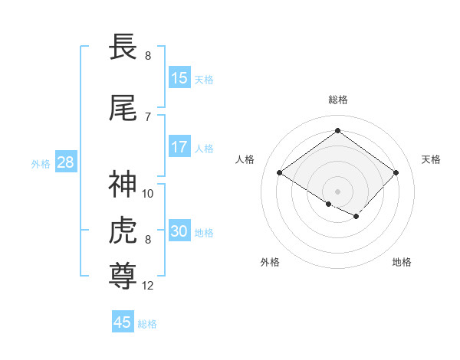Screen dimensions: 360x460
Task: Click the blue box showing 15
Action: point(179,78)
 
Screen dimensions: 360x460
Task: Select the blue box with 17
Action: point(179,147)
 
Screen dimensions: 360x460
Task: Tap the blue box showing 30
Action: point(179,231)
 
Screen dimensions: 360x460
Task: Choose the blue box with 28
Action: point(64,162)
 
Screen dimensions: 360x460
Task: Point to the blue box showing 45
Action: point(123,322)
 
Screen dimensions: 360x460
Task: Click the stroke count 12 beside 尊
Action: point(148,286)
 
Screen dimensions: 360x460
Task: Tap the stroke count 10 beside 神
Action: point(148,193)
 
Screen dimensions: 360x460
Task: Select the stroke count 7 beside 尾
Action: point(147,116)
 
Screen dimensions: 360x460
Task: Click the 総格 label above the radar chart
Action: point(337,100)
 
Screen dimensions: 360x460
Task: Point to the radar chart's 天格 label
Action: point(432,159)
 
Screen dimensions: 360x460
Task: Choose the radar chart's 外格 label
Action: point(270,262)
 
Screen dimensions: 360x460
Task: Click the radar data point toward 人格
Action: point(280,173)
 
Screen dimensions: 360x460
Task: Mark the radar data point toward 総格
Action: point(337,131)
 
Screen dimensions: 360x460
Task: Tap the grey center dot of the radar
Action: point(337,190)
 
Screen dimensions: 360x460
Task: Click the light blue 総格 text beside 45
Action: point(147,323)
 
